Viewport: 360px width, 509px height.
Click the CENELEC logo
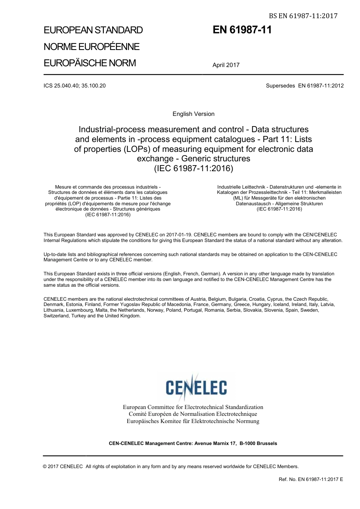click(196, 387)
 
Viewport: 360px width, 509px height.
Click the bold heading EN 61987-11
click(242, 30)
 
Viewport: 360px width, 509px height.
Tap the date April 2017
click(226, 65)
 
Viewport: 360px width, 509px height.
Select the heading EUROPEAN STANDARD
click(93, 30)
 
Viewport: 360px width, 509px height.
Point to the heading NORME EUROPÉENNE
click(92, 47)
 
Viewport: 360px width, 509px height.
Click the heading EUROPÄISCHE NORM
click(90, 63)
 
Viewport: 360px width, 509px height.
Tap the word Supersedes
click(280, 86)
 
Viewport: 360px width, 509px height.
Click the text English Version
click(193, 114)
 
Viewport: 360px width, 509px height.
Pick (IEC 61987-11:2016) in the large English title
click(193, 169)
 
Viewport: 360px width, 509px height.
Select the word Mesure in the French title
click(63, 187)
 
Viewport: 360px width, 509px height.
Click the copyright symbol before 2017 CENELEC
click(45, 467)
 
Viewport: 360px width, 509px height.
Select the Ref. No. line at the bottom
click(311, 479)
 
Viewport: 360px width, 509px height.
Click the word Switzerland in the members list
click(56, 316)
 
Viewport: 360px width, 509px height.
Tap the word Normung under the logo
click(248, 421)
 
